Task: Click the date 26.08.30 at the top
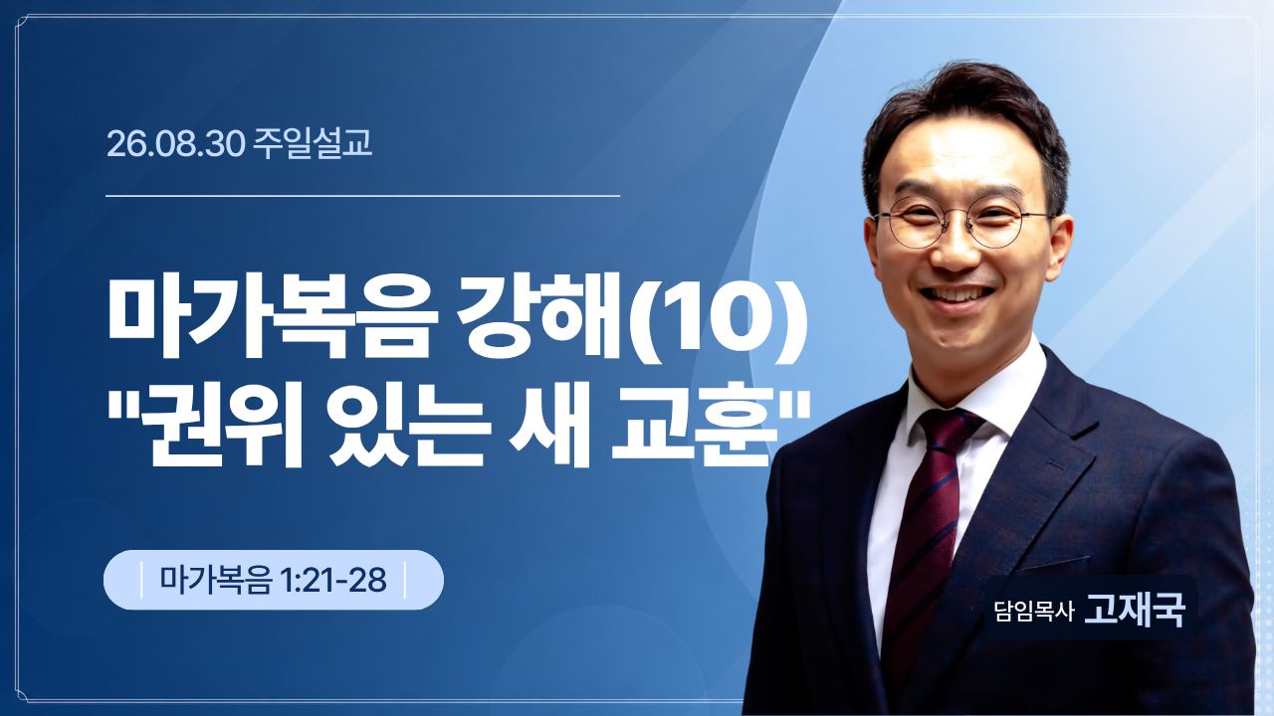(176, 144)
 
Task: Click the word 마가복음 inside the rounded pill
(216, 580)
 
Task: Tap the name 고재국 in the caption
(1135, 611)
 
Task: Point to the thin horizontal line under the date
(363, 196)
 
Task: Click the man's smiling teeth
(959, 295)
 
